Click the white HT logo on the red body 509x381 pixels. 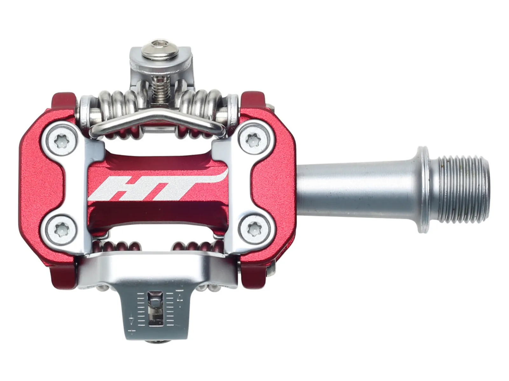coord(158,185)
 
